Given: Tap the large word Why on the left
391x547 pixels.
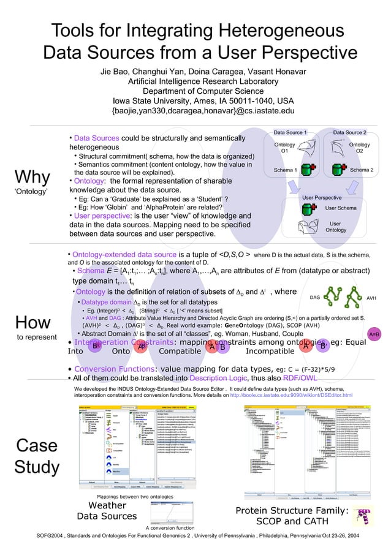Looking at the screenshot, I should point(32,178).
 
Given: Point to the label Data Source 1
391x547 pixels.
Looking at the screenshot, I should point(290,132).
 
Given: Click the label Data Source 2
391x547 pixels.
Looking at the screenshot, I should point(349,132).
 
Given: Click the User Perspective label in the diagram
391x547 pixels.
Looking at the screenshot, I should point(322,198).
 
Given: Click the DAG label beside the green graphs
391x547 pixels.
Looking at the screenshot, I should point(315,297).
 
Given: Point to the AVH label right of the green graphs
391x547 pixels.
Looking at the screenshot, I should point(371,297).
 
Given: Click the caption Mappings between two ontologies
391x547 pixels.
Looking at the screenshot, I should point(127,496).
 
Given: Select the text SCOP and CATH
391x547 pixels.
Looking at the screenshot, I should point(292,521).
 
